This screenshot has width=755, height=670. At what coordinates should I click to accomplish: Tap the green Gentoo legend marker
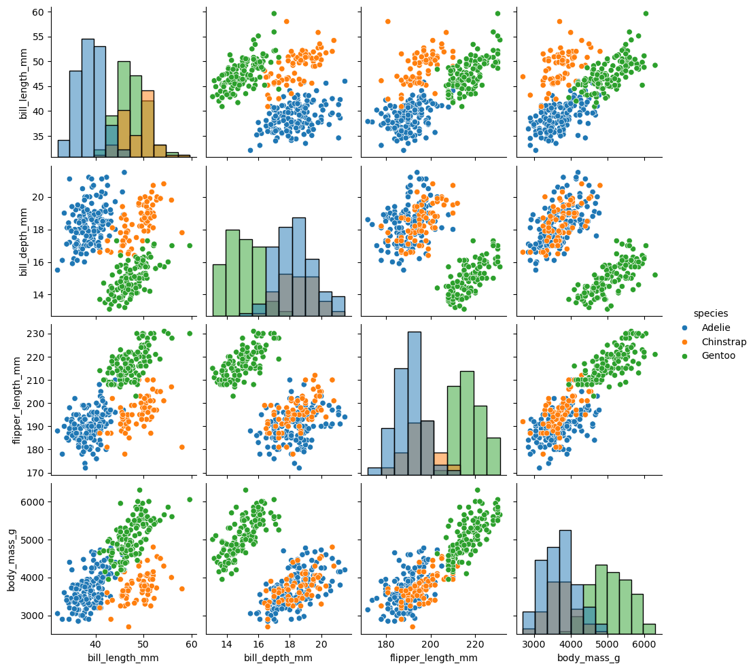pos(686,355)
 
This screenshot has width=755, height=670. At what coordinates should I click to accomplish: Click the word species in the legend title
pos(711,313)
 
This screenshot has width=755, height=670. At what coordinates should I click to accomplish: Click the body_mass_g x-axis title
pos(589,658)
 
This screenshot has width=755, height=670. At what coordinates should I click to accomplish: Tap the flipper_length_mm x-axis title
pos(434,658)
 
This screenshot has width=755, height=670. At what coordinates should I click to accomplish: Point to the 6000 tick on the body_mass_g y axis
pos(33,501)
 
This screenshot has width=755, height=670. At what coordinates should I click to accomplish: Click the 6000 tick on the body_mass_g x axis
pos(644,644)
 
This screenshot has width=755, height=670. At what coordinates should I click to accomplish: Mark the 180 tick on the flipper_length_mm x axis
pos(386,644)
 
